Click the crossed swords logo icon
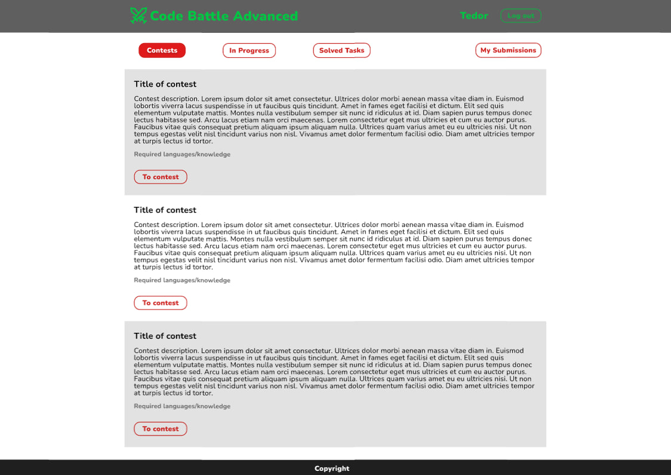pyautogui.click(x=138, y=16)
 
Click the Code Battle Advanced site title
pyautogui.click(x=223, y=16)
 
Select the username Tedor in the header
pyautogui.click(x=474, y=16)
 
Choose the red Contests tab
pyautogui.click(x=162, y=50)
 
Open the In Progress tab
pyautogui.click(x=249, y=50)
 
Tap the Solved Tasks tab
pyautogui.click(x=341, y=50)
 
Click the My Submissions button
pyautogui.click(x=508, y=50)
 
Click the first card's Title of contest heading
pyautogui.click(x=165, y=84)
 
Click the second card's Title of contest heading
pyautogui.click(x=165, y=210)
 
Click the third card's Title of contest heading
pyautogui.click(x=165, y=336)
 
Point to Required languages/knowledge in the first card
pyautogui.click(x=182, y=155)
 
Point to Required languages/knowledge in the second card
pyautogui.click(x=182, y=281)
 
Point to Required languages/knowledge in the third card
pyautogui.click(x=182, y=407)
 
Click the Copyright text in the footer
pyautogui.click(x=332, y=468)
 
